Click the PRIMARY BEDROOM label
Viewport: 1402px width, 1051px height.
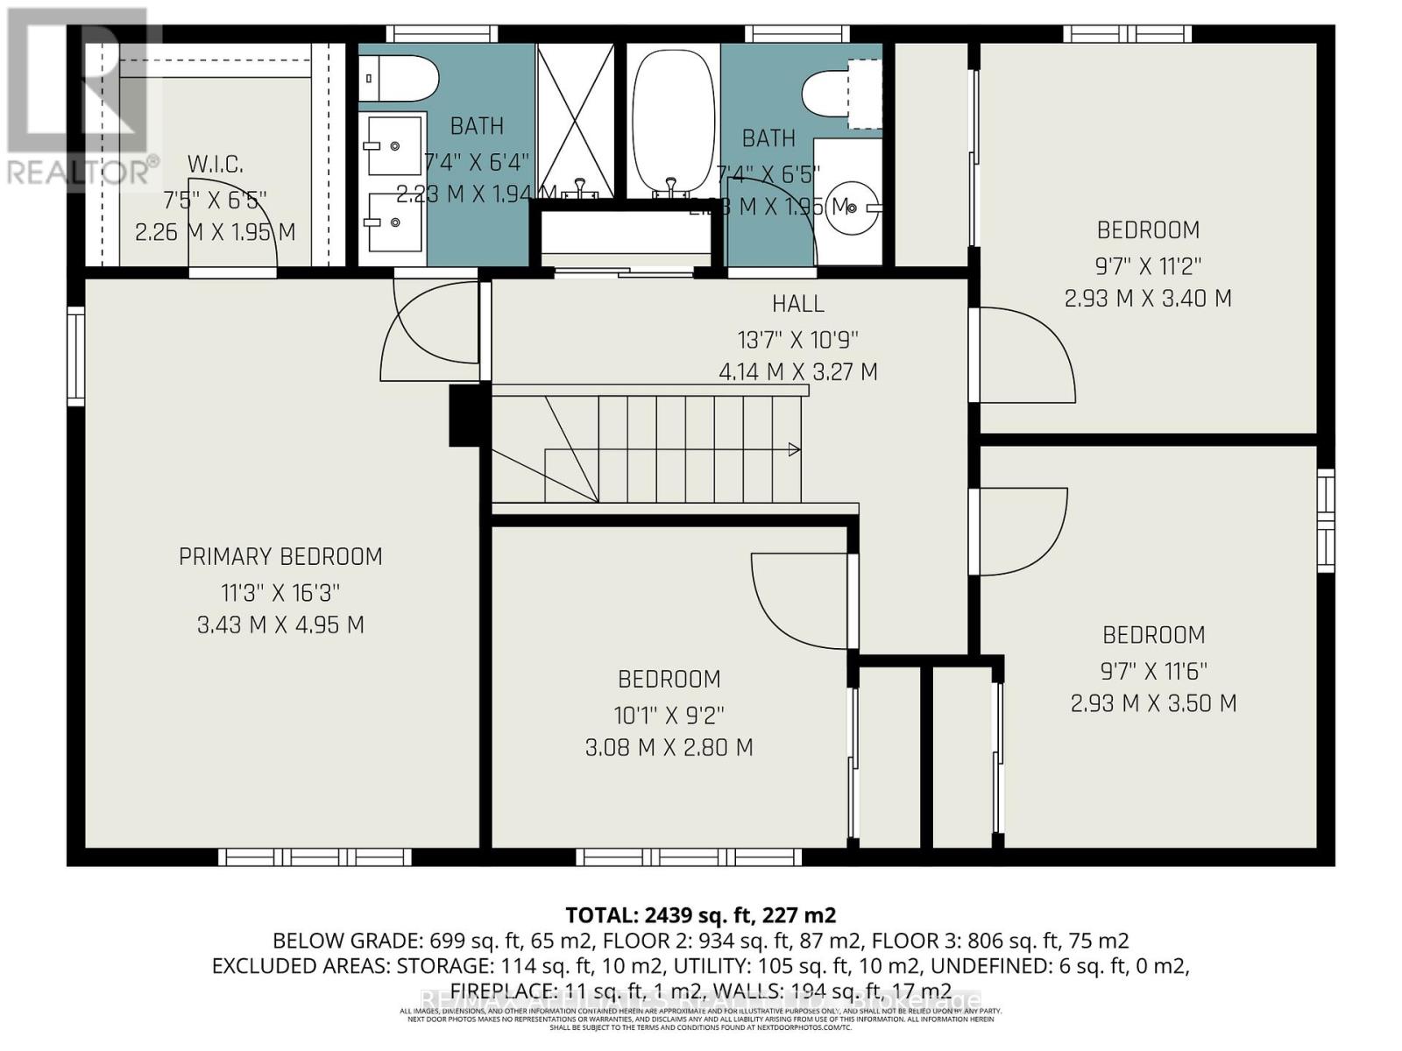(280, 557)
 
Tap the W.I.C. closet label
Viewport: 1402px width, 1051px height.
(215, 164)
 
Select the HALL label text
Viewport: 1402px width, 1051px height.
(797, 304)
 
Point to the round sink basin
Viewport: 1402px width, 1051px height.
(848, 208)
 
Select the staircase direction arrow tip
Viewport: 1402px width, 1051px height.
(796, 450)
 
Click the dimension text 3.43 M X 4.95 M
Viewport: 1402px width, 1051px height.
(280, 625)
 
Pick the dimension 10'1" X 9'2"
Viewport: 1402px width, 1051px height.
(669, 716)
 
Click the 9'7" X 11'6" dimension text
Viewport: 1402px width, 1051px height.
(1154, 671)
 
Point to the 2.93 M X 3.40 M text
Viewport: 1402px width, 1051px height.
(1148, 299)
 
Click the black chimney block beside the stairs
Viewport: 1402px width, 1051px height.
(464, 415)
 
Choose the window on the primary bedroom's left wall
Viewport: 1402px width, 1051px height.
(76, 356)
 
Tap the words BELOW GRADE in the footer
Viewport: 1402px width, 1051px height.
(348, 941)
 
